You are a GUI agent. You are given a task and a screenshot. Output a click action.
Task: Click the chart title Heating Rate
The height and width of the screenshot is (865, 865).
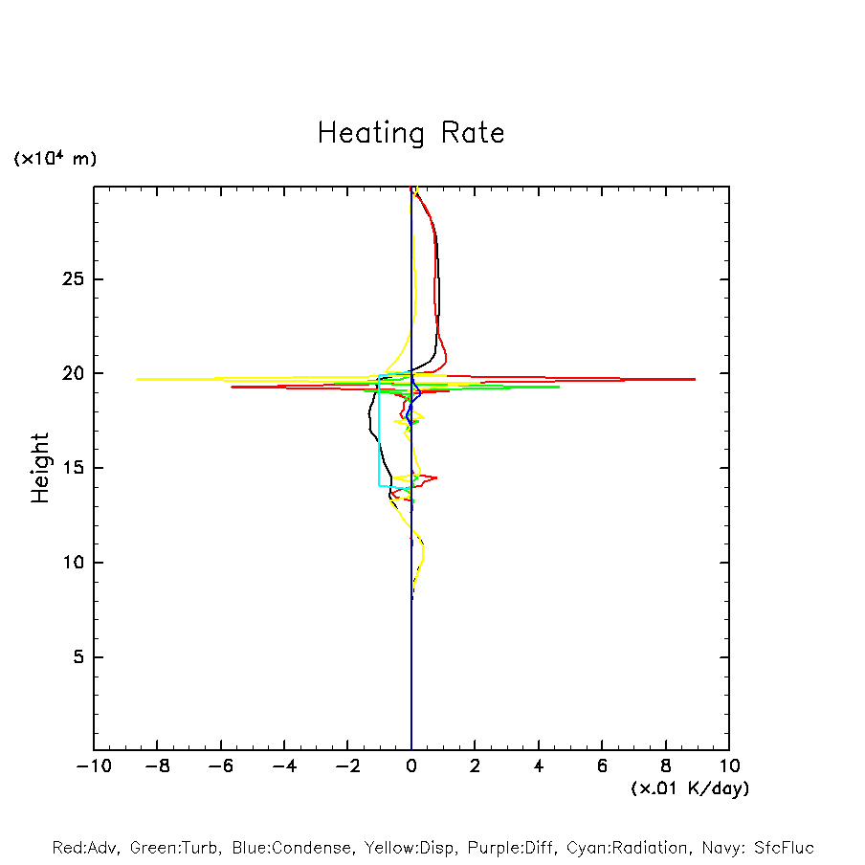click(x=410, y=133)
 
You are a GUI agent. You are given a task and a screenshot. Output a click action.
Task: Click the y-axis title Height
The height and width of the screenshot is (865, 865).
click(x=40, y=468)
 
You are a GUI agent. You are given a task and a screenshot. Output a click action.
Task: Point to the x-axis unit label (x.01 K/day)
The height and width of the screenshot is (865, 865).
click(x=690, y=788)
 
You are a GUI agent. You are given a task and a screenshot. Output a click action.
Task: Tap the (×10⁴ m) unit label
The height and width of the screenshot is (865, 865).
click(x=55, y=159)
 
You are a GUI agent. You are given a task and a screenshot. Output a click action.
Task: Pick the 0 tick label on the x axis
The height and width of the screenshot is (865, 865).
click(x=411, y=766)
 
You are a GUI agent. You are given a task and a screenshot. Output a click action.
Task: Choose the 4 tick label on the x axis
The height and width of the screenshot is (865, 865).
click(x=539, y=766)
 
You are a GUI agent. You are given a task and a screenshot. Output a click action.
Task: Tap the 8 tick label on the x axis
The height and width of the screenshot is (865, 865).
click(x=666, y=766)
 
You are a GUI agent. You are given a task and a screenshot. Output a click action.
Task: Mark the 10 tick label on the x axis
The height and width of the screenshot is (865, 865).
click(x=729, y=766)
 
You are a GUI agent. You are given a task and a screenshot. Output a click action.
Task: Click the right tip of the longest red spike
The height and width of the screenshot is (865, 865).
click(x=695, y=380)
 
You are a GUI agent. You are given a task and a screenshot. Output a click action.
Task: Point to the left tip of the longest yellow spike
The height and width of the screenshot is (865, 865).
click(x=137, y=379)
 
